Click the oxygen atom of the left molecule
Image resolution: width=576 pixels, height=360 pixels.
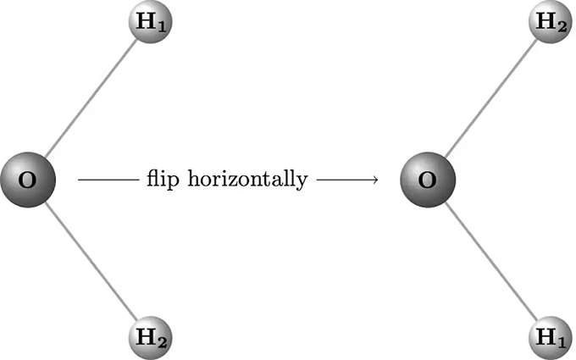28,180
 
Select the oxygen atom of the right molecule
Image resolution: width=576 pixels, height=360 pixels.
428,180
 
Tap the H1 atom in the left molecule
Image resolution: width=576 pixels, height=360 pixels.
150,22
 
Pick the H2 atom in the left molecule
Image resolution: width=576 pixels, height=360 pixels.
150,338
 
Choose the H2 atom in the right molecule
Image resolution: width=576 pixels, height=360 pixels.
551,22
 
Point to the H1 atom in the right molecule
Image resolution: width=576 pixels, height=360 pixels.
551,338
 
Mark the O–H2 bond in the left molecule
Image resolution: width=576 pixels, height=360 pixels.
91,261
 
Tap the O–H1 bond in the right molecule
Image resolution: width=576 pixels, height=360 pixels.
490,261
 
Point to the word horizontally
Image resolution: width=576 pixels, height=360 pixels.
247,179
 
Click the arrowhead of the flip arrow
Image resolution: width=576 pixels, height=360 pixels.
374,180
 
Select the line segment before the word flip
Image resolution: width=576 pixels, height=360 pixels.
108,180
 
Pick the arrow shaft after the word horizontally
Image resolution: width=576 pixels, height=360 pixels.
347,180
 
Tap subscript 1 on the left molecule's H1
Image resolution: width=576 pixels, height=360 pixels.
162,27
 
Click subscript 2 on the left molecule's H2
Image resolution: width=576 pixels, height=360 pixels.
162,343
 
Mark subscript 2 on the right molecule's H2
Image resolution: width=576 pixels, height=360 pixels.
562,27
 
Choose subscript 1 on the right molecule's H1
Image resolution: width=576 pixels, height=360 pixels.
562,343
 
